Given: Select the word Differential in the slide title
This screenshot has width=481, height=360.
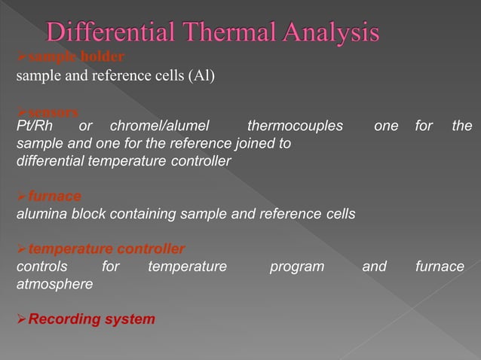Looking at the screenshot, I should tap(109, 32).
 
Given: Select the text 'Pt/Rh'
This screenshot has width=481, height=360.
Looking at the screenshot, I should tap(35, 126).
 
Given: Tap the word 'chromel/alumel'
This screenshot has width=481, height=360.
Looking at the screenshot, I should tap(159, 126).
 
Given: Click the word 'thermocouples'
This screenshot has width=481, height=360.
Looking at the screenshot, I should tap(295, 126).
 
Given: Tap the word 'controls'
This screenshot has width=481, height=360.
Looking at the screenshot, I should tap(41, 267).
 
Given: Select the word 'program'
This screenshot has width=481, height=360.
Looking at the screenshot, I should tap(297, 267).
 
